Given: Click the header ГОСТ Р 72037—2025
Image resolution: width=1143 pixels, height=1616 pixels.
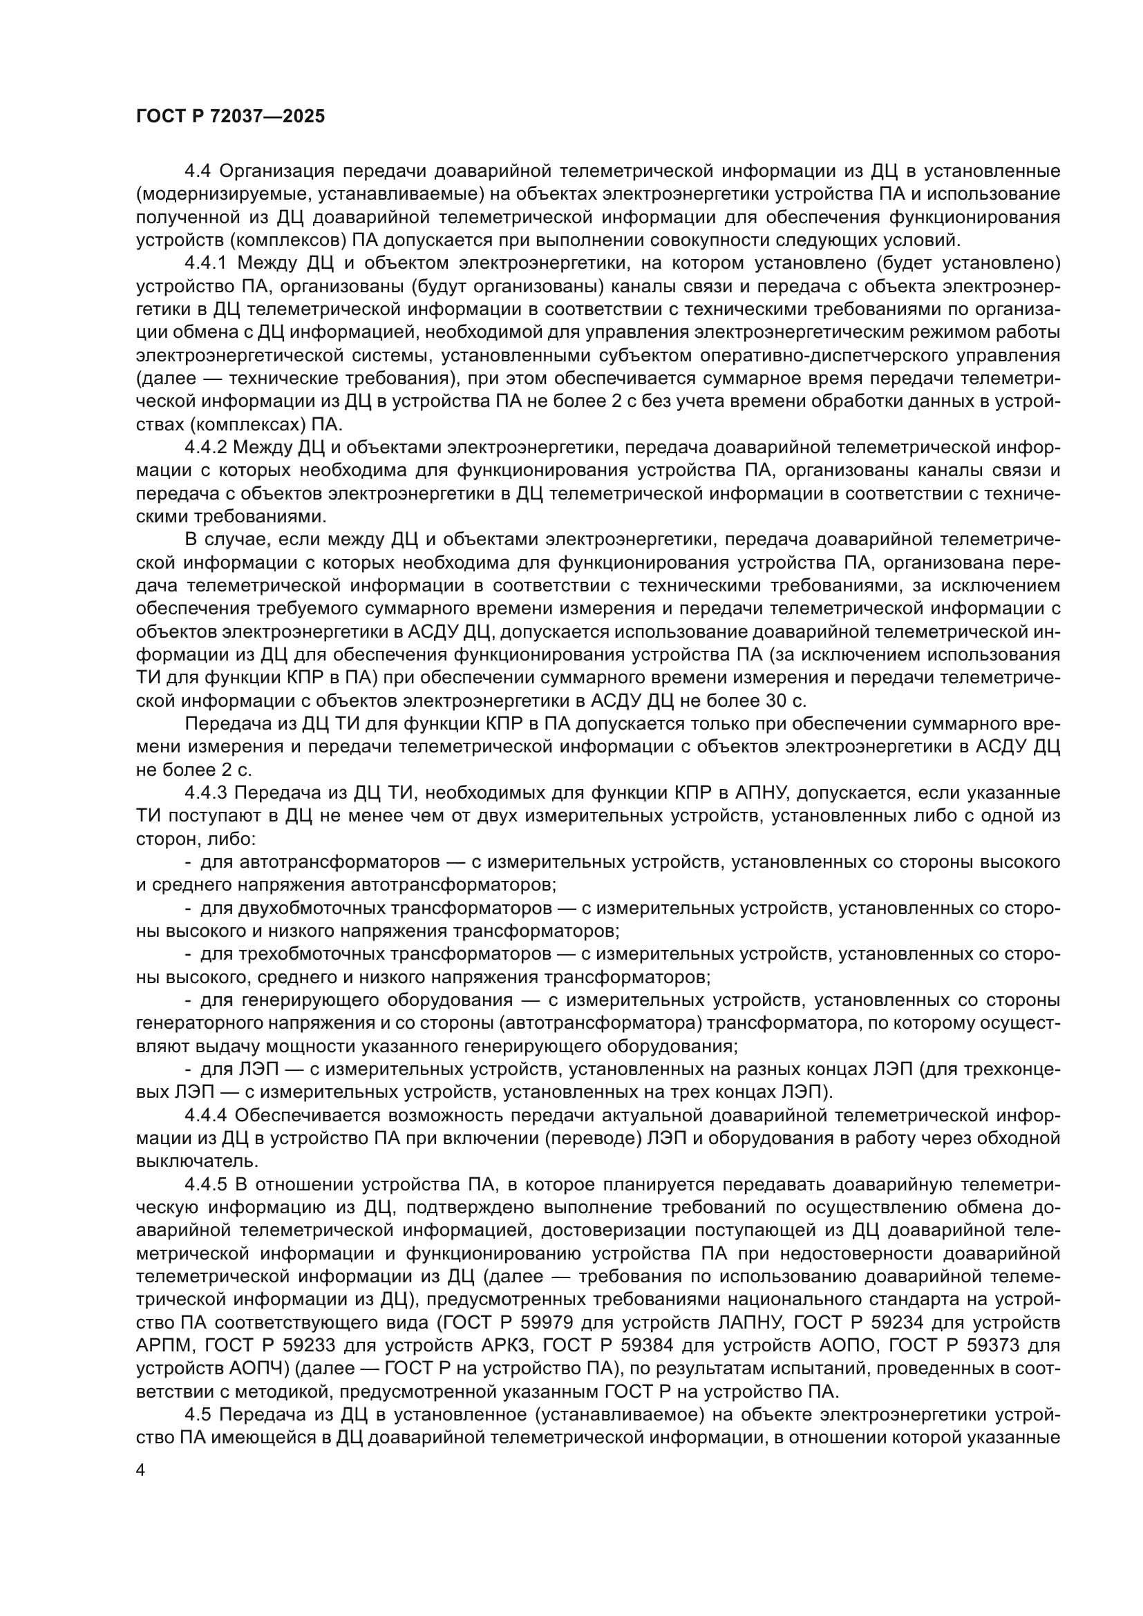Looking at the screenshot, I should pos(231,117).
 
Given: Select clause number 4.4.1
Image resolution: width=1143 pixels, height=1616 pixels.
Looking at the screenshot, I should pos(208,264).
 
